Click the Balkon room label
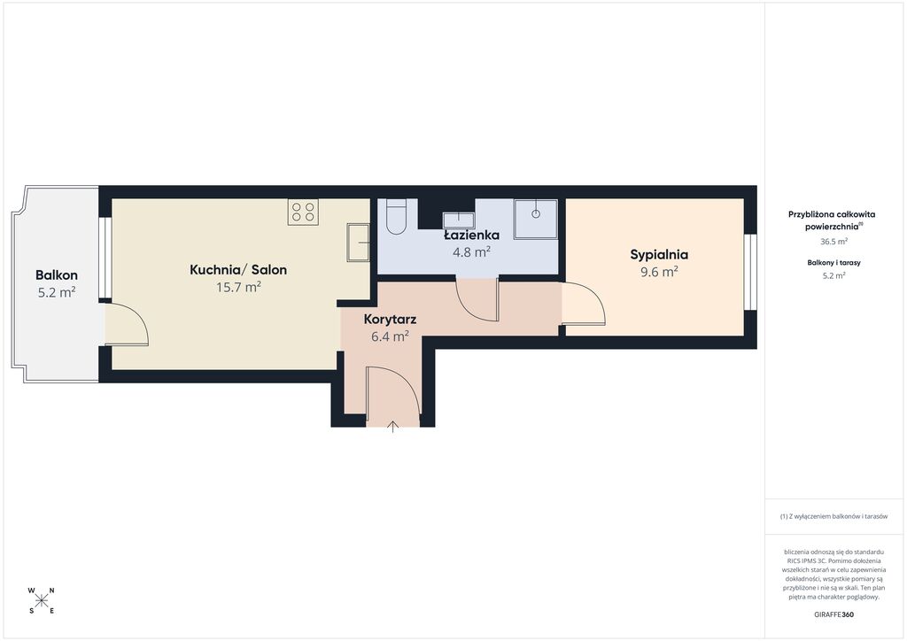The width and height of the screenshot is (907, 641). pyautogui.click(x=57, y=275)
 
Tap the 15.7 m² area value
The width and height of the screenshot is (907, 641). pyautogui.click(x=238, y=287)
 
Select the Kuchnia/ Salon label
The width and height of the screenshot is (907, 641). pyautogui.click(x=238, y=270)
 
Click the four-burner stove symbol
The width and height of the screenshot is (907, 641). pyautogui.click(x=303, y=212)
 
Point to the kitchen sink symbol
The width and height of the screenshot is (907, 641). pyautogui.click(x=358, y=243)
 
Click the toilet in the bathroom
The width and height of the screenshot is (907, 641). pyautogui.click(x=396, y=217)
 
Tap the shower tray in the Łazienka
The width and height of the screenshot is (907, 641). pyautogui.click(x=536, y=219)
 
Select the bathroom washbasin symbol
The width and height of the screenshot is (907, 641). pyautogui.click(x=459, y=220)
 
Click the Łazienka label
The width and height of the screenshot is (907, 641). pyautogui.click(x=471, y=236)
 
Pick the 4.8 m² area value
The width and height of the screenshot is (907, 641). pyautogui.click(x=471, y=252)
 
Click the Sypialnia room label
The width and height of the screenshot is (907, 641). pyautogui.click(x=659, y=255)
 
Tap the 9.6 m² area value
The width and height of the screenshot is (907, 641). pyautogui.click(x=659, y=272)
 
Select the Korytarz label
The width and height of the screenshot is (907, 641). pyautogui.click(x=390, y=319)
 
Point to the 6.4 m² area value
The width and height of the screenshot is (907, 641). pyautogui.click(x=390, y=336)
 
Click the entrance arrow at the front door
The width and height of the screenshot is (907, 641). pyautogui.click(x=392, y=427)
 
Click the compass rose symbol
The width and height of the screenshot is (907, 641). pyautogui.click(x=41, y=600)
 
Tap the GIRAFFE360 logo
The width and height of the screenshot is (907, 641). pyautogui.click(x=833, y=614)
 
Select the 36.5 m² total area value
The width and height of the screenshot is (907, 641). pyautogui.click(x=833, y=242)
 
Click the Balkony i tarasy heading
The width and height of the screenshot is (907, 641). pyautogui.click(x=833, y=262)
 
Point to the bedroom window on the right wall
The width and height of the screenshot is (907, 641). pyautogui.click(x=750, y=272)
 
